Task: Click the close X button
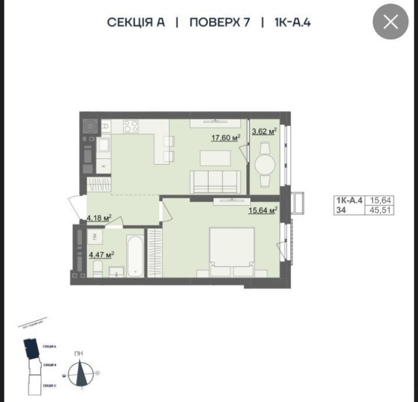point(391,22)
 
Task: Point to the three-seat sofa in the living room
point(215,180)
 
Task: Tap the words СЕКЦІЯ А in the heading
point(135,23)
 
